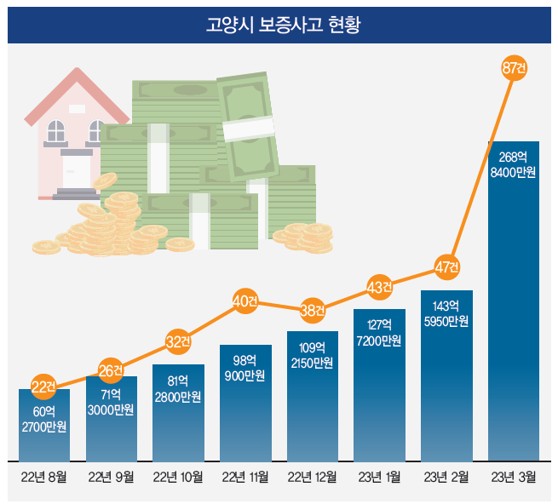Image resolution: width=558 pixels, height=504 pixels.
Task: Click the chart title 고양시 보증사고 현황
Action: tap(279, 24)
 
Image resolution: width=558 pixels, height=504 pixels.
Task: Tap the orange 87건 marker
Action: tap(514, 67)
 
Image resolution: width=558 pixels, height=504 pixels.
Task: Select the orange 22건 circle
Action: tap(43, 387)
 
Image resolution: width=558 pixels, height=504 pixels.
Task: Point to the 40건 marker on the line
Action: tap(245, 301)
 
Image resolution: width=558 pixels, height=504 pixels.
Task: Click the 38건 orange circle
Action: tap(313, 310)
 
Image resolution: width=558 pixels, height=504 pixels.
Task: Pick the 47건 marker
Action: tap(446, 266)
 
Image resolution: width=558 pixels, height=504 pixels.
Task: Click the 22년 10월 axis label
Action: tap(178, 478)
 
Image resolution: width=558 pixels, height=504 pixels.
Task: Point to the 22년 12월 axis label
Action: tap(313, 478)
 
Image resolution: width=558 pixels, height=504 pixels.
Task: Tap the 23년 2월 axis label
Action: tap(446, 478)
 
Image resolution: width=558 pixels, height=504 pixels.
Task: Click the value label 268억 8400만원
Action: tap(513, 165)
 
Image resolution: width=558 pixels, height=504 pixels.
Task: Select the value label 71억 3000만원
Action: tap(111, 402)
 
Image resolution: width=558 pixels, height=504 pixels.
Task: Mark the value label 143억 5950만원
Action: tap(446, 313)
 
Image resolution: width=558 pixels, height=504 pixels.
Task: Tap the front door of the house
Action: tap(76, 170)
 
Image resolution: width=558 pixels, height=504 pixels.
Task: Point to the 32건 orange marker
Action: tap(178, 342)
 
